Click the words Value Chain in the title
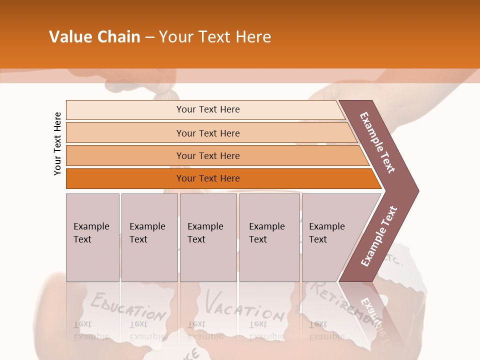coord(94,37)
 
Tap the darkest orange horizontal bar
coord(125,178)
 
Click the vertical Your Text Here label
coord(57,143)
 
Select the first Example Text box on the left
coord(92,237)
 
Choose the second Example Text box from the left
coord(149,237)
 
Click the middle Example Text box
coord(208,237)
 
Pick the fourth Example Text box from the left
coord(269,237)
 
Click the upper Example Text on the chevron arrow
coord(377,142)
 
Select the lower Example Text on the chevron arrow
coord(379,236)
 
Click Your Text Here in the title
coord(215,37)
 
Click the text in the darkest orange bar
coord(208,178)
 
